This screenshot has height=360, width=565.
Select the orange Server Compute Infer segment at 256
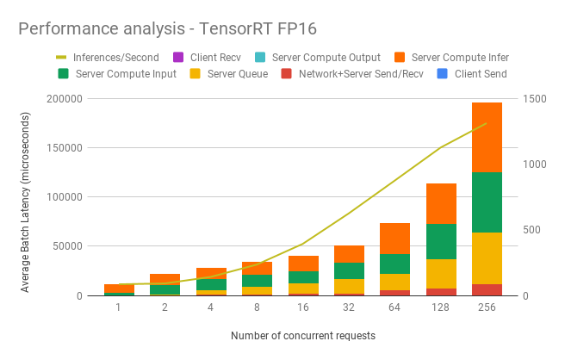pyautogui.click(x=487, y=137)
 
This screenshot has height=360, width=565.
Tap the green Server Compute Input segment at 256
pyautogui.click(x=487, y=202)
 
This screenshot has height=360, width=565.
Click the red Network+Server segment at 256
pyautogui.click(x=487, y=290)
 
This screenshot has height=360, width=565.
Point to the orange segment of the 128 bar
pyautogui.click(x=440, y=203)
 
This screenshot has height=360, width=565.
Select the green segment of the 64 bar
pyautogui.click(x=394, y=264)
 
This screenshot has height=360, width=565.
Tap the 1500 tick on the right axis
pyautogui.click(x=534, y=99)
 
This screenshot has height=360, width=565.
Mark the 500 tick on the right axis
pyautogui.click(x=531, y=230)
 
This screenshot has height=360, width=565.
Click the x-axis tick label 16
pyautogui.click(x=301, y=308)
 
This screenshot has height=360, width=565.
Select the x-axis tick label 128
pyautogui.click(x=440, y=308)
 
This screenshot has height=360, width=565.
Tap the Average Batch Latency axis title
pyautogui.click(x=26, y=196)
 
